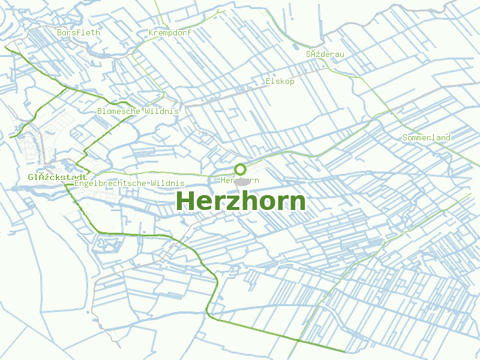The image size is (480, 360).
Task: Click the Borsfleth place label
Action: [79, 32]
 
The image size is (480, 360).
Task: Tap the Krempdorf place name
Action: [170, 32]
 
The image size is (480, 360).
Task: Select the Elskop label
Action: [280, 81]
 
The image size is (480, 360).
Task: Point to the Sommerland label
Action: [427, 137]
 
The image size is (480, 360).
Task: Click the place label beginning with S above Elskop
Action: [325, 54]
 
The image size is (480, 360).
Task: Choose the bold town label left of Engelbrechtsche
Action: [57, 177]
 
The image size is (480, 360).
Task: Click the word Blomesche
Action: [119, 111]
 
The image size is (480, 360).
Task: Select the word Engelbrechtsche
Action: [110, 182]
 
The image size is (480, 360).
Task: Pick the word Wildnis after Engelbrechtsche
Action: [168, 182]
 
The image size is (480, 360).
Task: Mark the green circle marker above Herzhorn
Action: [241, 169]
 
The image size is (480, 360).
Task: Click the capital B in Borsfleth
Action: [59, 32]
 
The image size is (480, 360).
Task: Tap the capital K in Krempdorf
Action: [151, 32]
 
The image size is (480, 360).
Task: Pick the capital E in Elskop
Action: [268, 81]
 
